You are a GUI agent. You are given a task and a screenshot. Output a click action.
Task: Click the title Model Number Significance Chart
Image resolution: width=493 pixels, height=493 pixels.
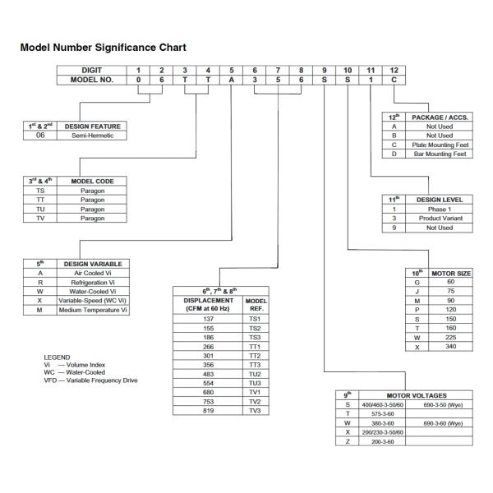(x=104, y=48)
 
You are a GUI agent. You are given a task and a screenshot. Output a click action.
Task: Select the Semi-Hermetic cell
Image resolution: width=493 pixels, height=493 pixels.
(x=92, y=136)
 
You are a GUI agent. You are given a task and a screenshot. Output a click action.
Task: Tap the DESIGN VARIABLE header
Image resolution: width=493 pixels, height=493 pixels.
(x=92, y=264)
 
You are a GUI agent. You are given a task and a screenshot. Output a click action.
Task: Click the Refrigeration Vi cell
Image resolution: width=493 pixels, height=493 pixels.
(x=92, y=282)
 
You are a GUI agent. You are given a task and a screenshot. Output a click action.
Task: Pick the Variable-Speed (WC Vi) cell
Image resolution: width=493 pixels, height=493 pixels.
(x=92, y=301)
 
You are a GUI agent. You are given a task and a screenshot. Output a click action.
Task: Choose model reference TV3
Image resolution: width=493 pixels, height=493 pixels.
(x=254, y=410)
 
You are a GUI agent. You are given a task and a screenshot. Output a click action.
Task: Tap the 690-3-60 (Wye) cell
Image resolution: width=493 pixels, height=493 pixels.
(x=444, y=422)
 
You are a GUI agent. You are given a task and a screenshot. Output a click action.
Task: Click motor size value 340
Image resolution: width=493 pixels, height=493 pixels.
(x=450, y=346)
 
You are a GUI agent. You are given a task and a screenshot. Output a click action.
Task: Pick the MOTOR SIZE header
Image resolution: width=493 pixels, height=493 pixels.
(x=450, y=273)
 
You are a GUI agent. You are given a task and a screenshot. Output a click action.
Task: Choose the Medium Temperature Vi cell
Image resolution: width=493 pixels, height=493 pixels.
(x=92, y=310)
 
